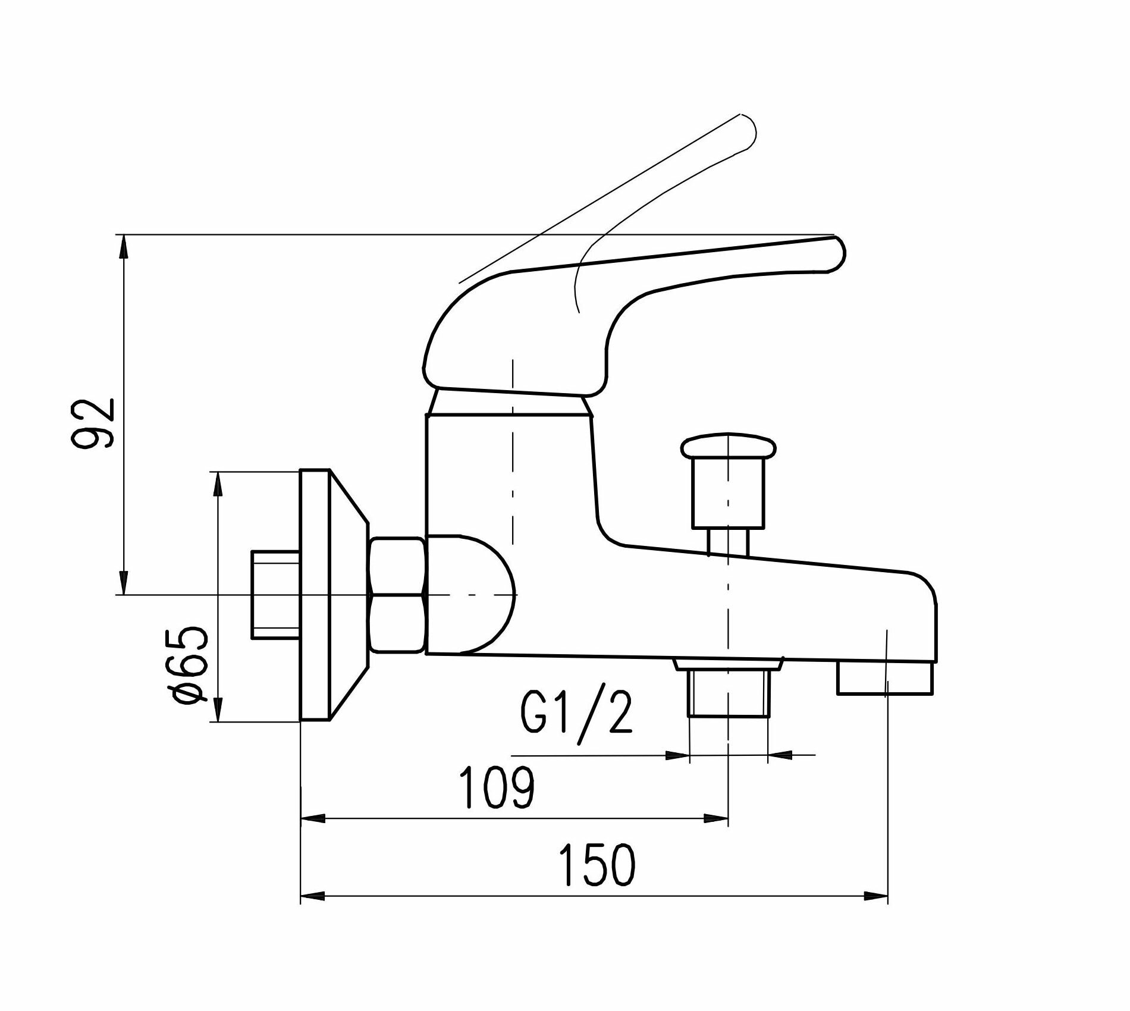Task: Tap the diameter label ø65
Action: pos(189,664)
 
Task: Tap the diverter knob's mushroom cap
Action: pos(729,447)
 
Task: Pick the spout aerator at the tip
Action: pos(885,679)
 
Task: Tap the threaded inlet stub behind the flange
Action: pos(275,595)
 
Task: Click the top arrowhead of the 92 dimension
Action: pos(124,245)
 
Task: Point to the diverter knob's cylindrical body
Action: pos(729,494)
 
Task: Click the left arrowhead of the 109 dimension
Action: pos(313,819)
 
